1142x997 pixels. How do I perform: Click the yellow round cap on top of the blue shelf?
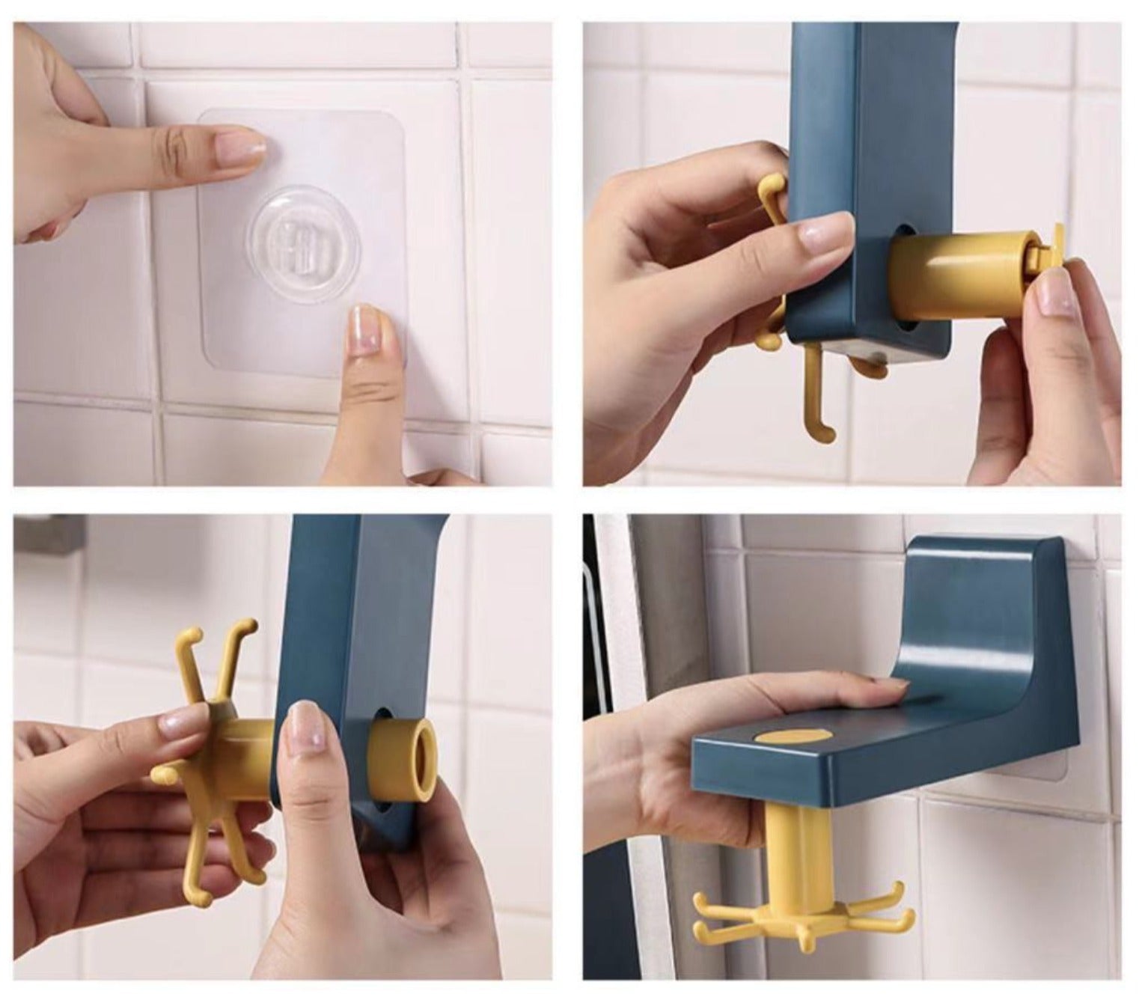(x=794, y=737)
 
